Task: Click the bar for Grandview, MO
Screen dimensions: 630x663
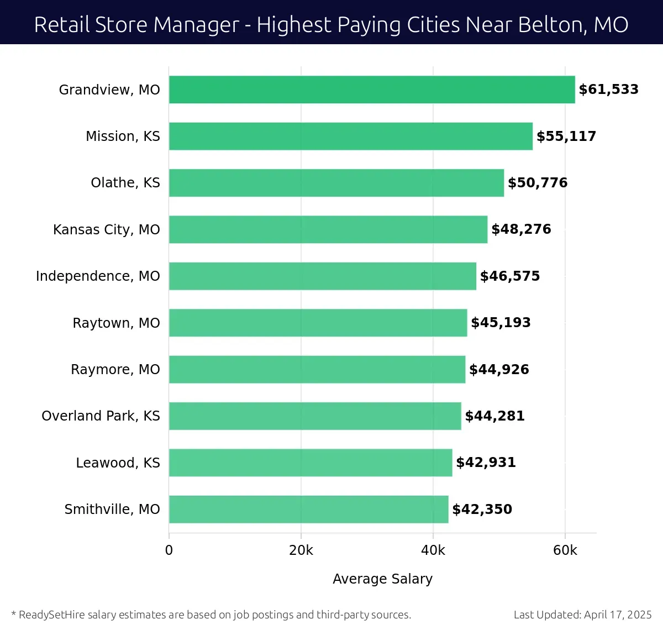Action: tap(372, 90)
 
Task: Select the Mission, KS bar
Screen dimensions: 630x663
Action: tap(351, 136)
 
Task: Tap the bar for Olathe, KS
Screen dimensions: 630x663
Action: tap(336, 183)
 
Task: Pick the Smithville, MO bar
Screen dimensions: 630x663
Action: tap(308, 509)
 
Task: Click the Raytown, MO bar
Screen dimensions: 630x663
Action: tap(318, 323)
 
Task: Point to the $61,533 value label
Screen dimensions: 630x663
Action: tap(608, 90)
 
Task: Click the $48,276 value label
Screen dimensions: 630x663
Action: tap(521, 229)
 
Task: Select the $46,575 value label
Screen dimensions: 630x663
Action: tap(509, 276)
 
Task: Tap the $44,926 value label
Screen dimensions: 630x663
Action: tap(499, 369)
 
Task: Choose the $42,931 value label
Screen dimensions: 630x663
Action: tap(486, 463)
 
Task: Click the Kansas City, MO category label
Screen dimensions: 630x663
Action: tap(107, 229)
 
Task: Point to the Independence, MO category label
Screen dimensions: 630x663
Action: tap(98, 276)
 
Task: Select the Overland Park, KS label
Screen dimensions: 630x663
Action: tap(101, 416)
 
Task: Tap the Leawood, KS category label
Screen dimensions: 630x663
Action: tap(118, 463)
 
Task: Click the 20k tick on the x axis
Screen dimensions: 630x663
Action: tap(301, 550)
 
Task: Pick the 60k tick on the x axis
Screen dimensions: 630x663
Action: tap(565, 550)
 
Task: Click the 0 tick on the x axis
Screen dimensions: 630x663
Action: tap(169, 550)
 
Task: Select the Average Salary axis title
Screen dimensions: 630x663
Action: tap(382, 579)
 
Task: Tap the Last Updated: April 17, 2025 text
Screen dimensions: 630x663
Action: tap(582, 615)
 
